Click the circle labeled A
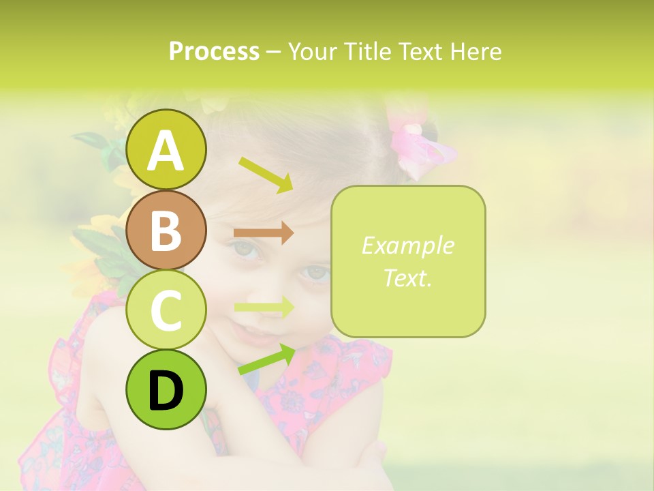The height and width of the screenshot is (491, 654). [166, 149]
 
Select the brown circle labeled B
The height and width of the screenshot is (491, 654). [166, 230]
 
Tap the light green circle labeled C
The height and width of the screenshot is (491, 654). [166, 310]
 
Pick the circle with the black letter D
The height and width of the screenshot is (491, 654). [166, 390]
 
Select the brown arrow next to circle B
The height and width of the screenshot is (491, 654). [264, 233]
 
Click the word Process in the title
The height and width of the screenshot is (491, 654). [214, 51]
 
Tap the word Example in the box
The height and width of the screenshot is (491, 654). [407, 245]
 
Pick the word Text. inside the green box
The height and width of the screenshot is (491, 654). [407, 278]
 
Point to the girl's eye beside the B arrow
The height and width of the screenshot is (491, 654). [247, 250]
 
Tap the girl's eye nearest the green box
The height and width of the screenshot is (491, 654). [315, 273]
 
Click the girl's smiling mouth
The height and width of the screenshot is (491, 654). [249, 332]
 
